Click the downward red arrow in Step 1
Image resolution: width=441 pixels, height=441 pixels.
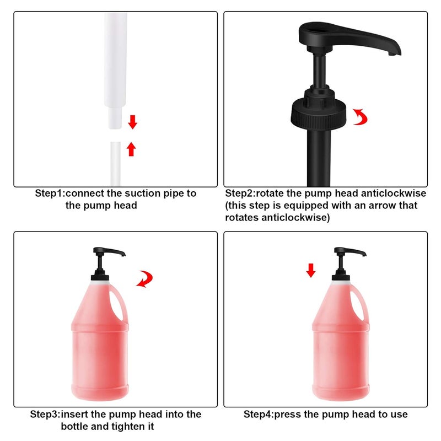click(132, 121)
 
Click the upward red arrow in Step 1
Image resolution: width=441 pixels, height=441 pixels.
click(131, 149)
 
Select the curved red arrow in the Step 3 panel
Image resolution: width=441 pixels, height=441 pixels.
click(146, 279)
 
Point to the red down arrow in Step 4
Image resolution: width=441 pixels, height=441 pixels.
click(311, 270)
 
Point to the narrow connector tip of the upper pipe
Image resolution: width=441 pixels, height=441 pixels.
click(114, 117)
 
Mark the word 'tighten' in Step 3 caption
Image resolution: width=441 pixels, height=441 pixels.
click(127, 426)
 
